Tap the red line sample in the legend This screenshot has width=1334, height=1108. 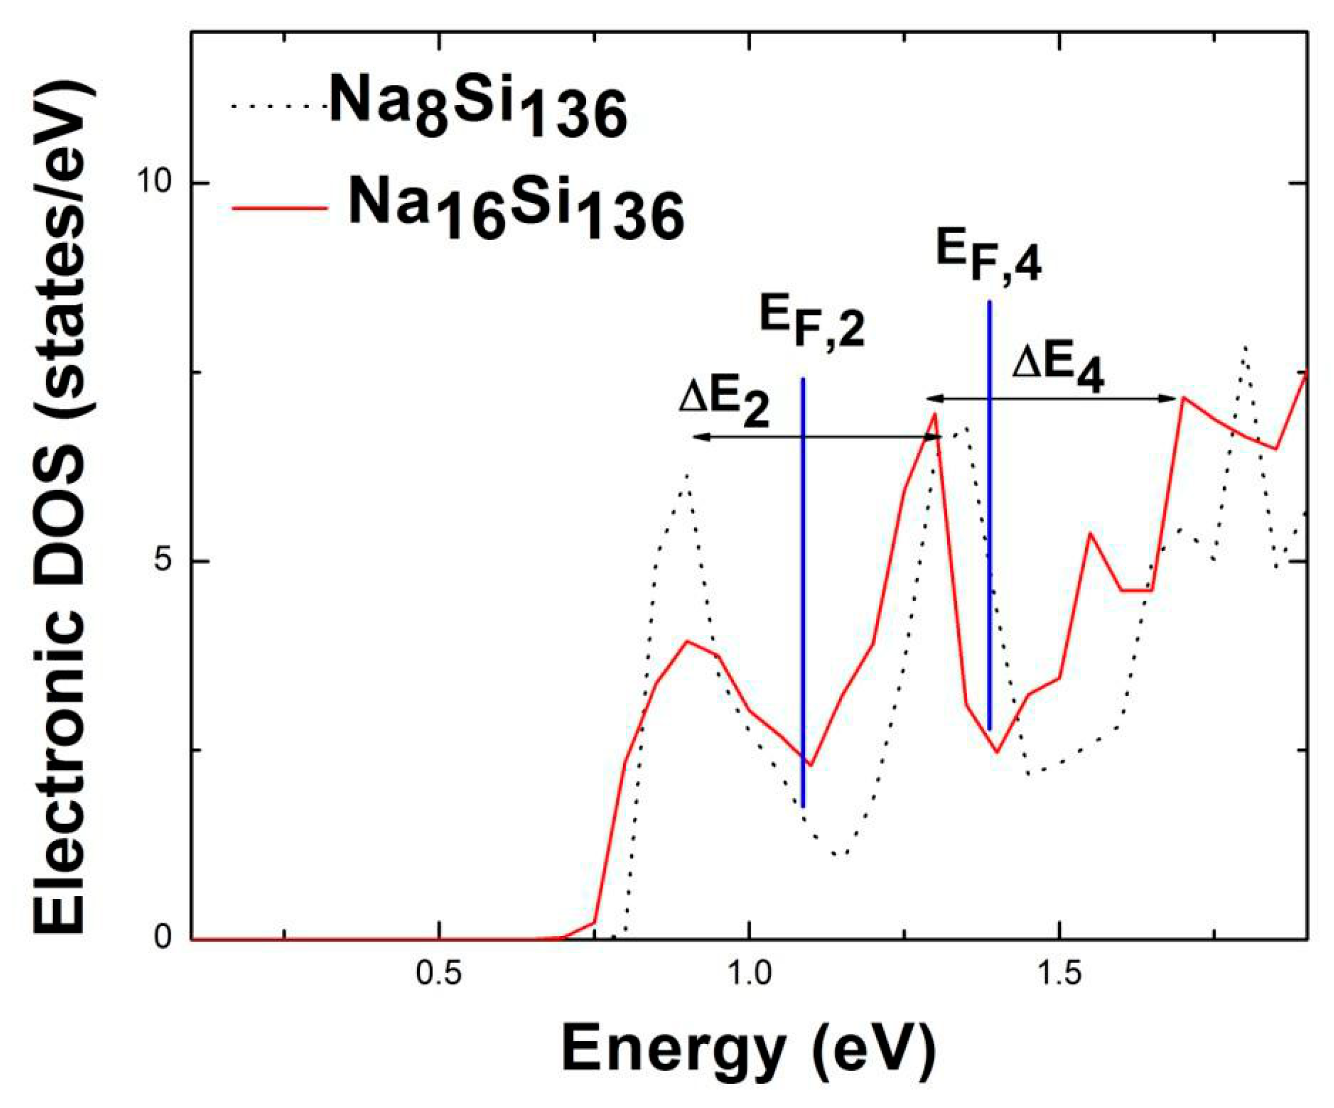[280, 208]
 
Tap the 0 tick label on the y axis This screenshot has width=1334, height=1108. [164, 937]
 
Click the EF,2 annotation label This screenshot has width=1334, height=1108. [813, 324]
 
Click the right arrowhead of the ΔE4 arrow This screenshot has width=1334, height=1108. [1171, 398]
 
